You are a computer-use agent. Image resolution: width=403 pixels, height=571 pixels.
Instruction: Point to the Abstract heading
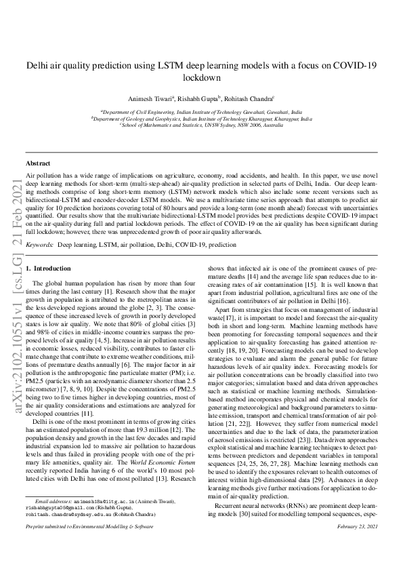(37, 163)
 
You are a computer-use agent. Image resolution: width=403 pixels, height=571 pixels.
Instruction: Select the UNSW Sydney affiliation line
(201, 125)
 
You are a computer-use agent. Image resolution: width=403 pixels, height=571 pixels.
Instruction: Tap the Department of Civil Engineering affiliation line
(201, 111)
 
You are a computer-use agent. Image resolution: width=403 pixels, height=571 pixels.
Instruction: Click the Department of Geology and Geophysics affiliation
(201, 118)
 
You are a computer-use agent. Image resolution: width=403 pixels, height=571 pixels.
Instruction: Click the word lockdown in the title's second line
(202, 77)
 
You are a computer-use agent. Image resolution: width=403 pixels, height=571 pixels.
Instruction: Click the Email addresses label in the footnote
(54, 500)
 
